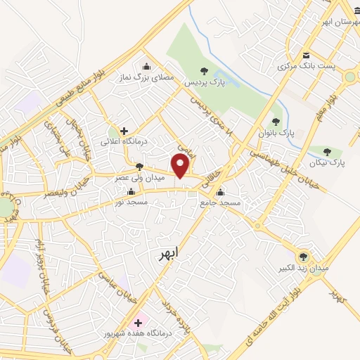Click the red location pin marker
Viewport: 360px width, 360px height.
point(181,166)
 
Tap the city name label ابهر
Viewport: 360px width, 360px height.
point(167,251)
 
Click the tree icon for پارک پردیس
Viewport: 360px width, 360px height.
point(204,70)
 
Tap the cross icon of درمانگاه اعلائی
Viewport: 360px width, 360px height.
point(124,130)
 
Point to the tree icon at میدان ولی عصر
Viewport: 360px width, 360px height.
point(139,167)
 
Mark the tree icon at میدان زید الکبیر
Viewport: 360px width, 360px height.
point(303,257)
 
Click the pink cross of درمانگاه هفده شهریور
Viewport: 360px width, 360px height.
point(138,322)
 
